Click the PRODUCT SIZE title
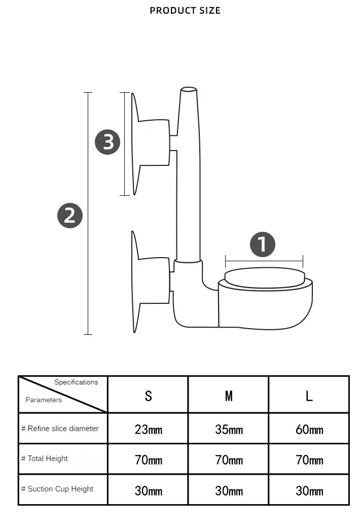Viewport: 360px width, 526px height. point(185,11)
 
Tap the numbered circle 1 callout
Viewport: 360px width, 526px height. point(263,245)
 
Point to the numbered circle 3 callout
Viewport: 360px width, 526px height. point(107,142)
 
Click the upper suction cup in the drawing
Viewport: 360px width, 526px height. point(150,143)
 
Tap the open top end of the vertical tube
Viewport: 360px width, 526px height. point(189,90)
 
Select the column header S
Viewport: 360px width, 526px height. point(148,396)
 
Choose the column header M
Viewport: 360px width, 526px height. point(229,396)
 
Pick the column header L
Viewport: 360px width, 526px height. point(309,396)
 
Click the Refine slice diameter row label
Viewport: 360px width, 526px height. point(60,429)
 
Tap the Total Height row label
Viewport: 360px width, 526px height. point(45,459)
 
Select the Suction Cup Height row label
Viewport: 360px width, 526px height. point(57,489)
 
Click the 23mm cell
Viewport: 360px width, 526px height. point(149,430)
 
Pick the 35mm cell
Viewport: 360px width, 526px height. point(229,430)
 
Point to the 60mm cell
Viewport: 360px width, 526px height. point(309,430)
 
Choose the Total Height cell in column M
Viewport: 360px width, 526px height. point(229,461)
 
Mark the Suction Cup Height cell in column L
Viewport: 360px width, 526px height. point(309,491)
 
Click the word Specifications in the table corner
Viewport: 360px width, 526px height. point(76,382)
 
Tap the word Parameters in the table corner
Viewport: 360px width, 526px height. point(44,400)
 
